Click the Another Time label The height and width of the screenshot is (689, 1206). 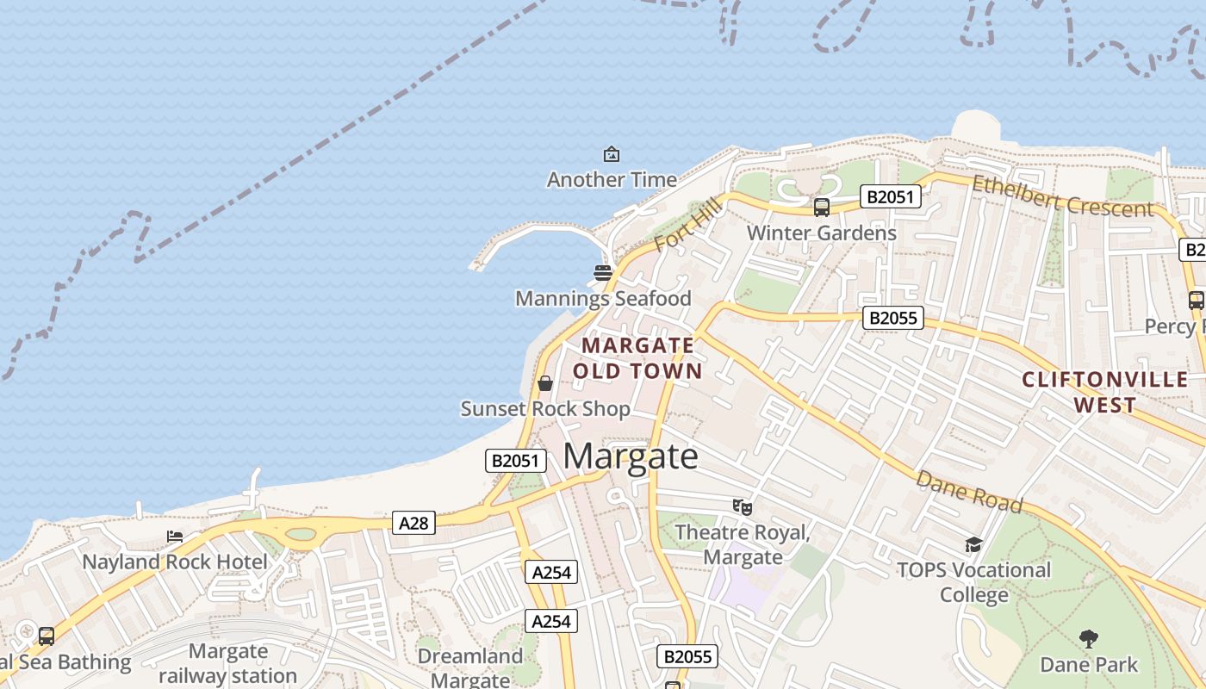[612, 179]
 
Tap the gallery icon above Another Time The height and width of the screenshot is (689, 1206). [612, 154]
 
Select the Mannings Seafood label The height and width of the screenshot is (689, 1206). [603, 299]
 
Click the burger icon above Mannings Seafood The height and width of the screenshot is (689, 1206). [603, 274]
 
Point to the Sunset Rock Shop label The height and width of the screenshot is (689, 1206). [545, 409]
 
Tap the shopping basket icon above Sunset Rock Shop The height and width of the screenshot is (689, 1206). [545, 383]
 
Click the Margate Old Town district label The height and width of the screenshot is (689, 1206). [637, 358]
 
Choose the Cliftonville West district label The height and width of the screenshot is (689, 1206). [1105, 392]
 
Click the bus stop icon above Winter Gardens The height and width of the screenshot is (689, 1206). [822, 208]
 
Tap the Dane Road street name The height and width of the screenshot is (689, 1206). [968, 491]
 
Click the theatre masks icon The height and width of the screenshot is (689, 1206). [742, 507]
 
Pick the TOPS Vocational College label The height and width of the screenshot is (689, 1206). [974, 582]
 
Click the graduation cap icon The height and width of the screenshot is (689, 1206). [974, 544]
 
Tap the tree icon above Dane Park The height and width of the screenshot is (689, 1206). [1089, 639]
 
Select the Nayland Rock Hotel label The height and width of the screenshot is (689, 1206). [175, 562]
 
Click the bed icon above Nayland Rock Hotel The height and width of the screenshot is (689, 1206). [175, 537]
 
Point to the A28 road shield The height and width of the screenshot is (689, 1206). [413, 523]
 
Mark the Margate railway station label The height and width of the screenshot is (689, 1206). [228, 663]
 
